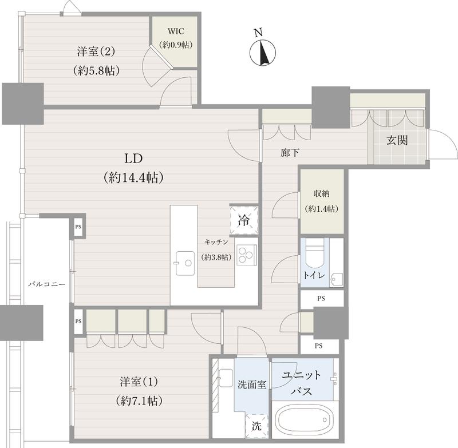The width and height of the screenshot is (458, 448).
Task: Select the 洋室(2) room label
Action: coord(96,51)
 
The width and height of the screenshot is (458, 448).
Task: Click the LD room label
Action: coord(134,158)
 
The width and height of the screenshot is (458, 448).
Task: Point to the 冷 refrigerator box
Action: coord(243,220)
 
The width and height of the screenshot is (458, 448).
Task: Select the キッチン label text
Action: coord(217,242)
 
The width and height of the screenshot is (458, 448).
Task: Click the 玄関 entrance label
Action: coord(396,140)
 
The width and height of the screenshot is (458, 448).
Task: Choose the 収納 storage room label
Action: coord(321,193)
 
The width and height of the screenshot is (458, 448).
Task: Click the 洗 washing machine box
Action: coord(255,426)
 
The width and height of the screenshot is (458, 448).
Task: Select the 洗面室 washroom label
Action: coord(251,384)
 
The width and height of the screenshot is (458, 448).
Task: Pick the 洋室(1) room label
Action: coord(136,381)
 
